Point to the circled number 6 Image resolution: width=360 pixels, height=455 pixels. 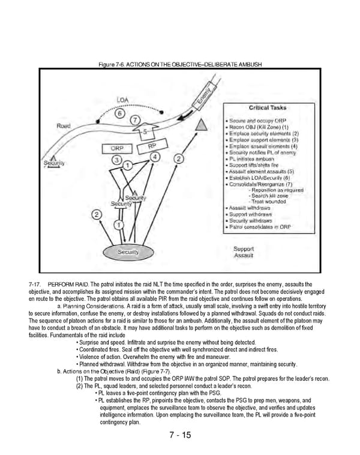(x=120, y=113)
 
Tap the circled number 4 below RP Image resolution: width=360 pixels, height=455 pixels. (x=155, y=157)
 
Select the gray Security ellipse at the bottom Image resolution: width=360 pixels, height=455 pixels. (x=128, y=252)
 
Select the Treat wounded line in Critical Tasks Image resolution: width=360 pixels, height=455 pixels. (x=268, y=202)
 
